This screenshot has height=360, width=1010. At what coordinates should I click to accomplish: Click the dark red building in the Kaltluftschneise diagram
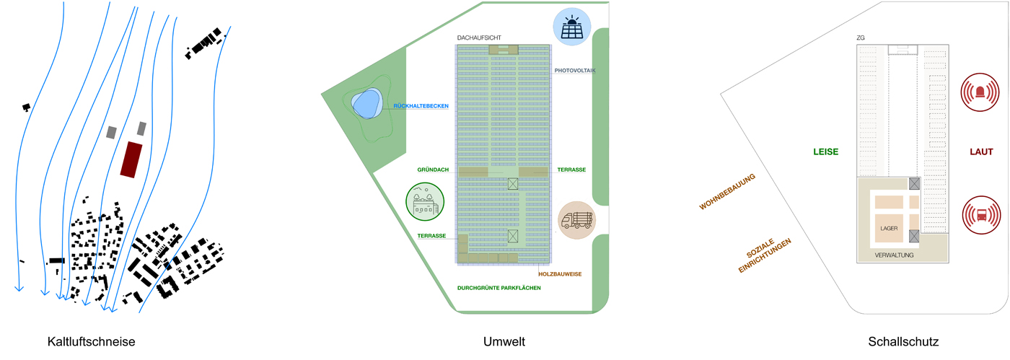click(x=131, y=159)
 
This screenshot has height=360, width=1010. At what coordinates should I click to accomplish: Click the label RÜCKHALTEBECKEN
click(x=421, y=106)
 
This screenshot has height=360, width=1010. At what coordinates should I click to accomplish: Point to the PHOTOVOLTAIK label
click(x=575, y=71)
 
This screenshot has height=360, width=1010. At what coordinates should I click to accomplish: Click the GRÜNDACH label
click(x=433, y=170)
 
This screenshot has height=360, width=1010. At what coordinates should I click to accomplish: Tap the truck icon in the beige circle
click(x=576, y=219)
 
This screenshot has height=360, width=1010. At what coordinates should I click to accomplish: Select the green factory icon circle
click(x=425, y=201)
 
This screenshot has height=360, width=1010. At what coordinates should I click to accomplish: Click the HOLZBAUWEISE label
click(x=560, y=274)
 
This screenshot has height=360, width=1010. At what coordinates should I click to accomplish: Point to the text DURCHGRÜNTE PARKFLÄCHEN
click(x=499, y=288)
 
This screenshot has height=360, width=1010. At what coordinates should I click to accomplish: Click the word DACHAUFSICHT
click(x=478, y=38)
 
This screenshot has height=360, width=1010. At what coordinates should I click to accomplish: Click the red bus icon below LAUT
click(x=981, y=214)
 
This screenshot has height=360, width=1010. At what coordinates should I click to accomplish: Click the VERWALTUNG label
click(x=894, y=255)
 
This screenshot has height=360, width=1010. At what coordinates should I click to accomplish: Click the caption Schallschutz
click(x=903, y=341)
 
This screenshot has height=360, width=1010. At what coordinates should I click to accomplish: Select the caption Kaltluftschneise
click(x=91, y=341)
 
